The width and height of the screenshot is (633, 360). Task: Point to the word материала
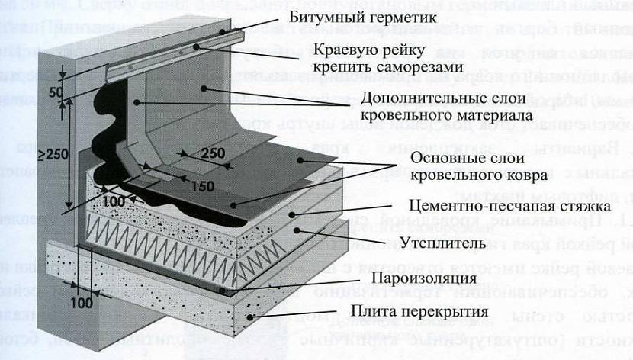click(481, 117)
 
